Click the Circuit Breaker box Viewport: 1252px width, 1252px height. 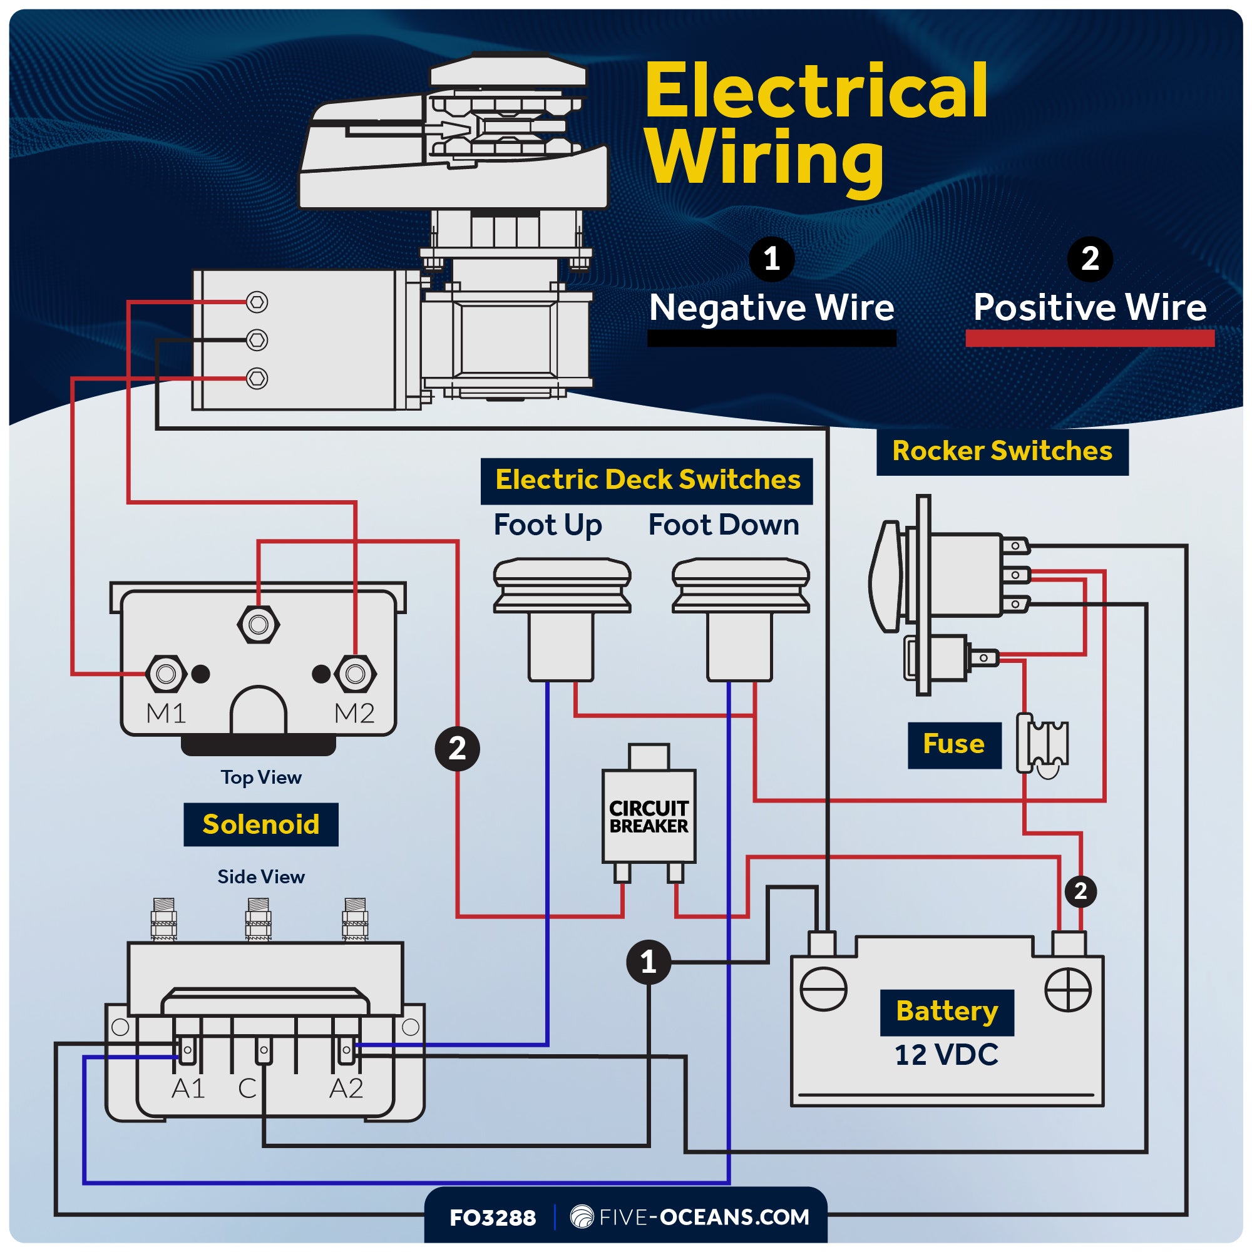(x=649, y=816)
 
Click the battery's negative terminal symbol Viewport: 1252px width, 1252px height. (x=823, y=990)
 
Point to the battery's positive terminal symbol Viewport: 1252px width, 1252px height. (x=1068, y=990)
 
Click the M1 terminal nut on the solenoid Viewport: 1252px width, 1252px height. (x=167, y=674)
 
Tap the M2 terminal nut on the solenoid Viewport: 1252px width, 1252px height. (x=355, y=674)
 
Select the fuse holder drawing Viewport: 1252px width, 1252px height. (x=1042, y=745)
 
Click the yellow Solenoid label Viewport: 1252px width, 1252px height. (x=260, y=824)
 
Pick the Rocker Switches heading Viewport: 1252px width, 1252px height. (x=1002, y=451)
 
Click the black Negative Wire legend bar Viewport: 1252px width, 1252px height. (x=771, y=338)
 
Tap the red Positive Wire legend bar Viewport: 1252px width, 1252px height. (x=1089, y=338)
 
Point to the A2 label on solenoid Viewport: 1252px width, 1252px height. (x=346, y=1089)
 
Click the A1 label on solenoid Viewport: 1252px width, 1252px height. (x=188, y=1089)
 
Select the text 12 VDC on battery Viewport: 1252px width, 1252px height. (x=946, y=1055)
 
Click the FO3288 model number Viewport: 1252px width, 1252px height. (x=493, y=1218)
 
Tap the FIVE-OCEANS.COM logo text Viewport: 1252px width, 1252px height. (x=703, y=1217)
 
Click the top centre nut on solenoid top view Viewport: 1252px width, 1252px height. (x=259, y=625)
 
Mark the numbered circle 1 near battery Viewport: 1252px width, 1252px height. (x=648, y=962)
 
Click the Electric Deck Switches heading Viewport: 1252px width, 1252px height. (x=647, y=480)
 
